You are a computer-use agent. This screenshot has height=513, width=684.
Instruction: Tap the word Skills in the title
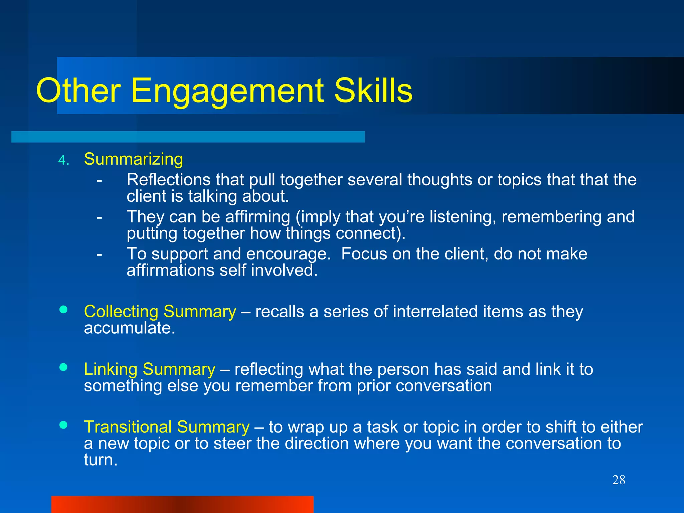click(373, 91)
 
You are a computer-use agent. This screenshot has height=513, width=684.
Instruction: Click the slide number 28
click(619, 480)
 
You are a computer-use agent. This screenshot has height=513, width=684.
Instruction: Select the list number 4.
click(63, 161)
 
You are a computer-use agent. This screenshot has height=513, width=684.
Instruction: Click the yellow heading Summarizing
click(133, 159)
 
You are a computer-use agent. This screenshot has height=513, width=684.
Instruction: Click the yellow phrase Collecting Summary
click(160, 312)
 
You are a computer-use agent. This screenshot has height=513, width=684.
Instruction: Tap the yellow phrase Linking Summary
click(149, 369)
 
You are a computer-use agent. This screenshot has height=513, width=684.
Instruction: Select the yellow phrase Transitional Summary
click(166, 427)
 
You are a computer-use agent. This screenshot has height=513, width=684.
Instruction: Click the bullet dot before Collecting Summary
click(63, 310)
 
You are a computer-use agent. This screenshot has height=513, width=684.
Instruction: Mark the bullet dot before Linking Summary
click(63, 367)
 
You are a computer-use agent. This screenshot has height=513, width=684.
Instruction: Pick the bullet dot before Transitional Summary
click(63, 425)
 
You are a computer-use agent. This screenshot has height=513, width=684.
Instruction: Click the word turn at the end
click(100, 460)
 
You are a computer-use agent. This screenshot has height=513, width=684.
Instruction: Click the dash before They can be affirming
click(99, 217)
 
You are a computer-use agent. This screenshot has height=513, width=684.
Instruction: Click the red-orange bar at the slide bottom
click(182, 504)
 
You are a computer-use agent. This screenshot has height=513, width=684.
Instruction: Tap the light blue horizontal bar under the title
click(188, 137)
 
